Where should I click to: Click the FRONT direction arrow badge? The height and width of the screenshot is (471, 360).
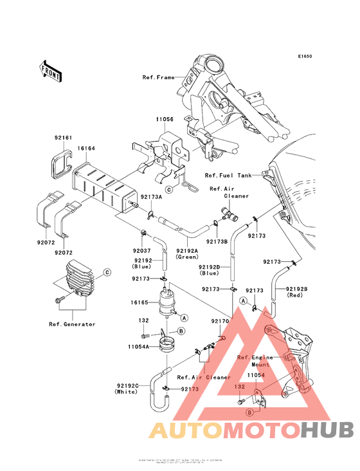(51, 71)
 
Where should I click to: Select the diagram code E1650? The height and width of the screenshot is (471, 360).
(304, 57)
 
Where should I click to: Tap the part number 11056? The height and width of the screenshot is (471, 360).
(164, 119)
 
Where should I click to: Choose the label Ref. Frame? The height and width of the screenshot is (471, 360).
(159, 77)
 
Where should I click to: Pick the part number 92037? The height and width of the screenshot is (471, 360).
(141, 250)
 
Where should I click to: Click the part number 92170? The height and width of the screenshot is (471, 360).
(220, 320)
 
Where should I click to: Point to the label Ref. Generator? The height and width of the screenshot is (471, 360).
(72, 324)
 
